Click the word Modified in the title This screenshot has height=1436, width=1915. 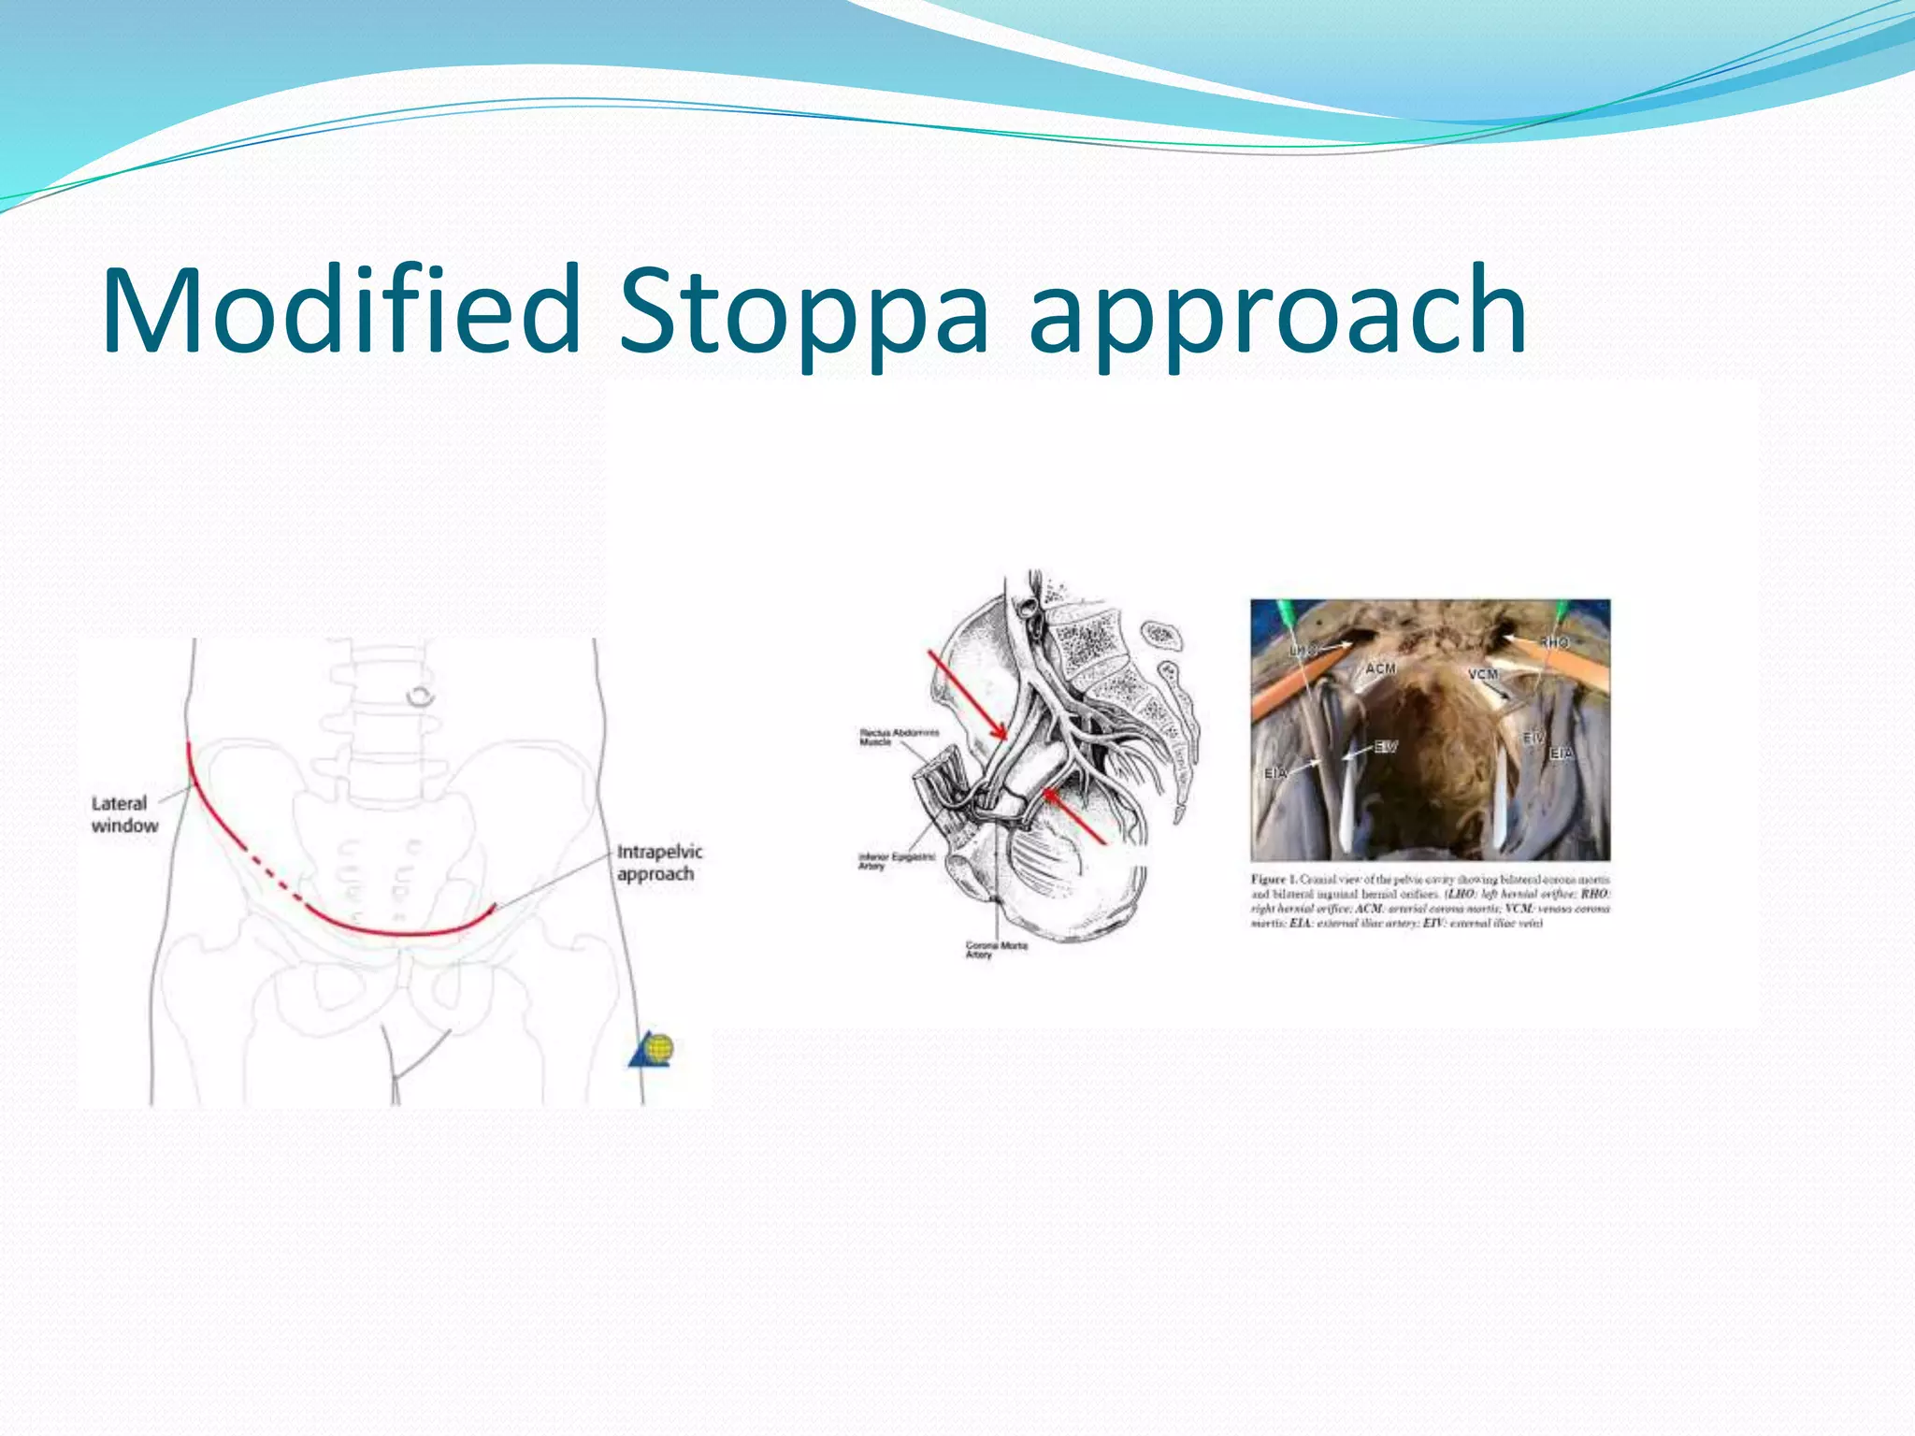341,310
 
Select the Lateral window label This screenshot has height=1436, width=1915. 123,814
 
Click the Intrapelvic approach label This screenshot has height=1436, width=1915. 658,863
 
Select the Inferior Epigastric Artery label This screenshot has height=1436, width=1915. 895,861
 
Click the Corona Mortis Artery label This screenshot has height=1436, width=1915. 995,950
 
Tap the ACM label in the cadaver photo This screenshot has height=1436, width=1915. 1380,668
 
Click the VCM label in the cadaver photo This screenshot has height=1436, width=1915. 1482,674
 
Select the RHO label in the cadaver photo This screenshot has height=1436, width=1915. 1554,642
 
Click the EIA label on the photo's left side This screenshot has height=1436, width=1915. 1275,773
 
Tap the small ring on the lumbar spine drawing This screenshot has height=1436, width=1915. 421,696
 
